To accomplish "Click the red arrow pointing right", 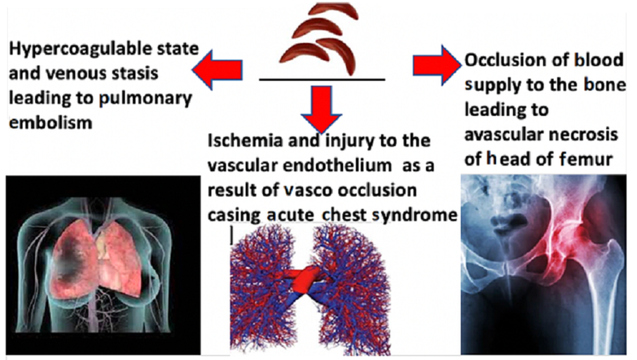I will [x=435, y=65].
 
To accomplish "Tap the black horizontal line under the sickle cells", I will [x=322, y=79].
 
